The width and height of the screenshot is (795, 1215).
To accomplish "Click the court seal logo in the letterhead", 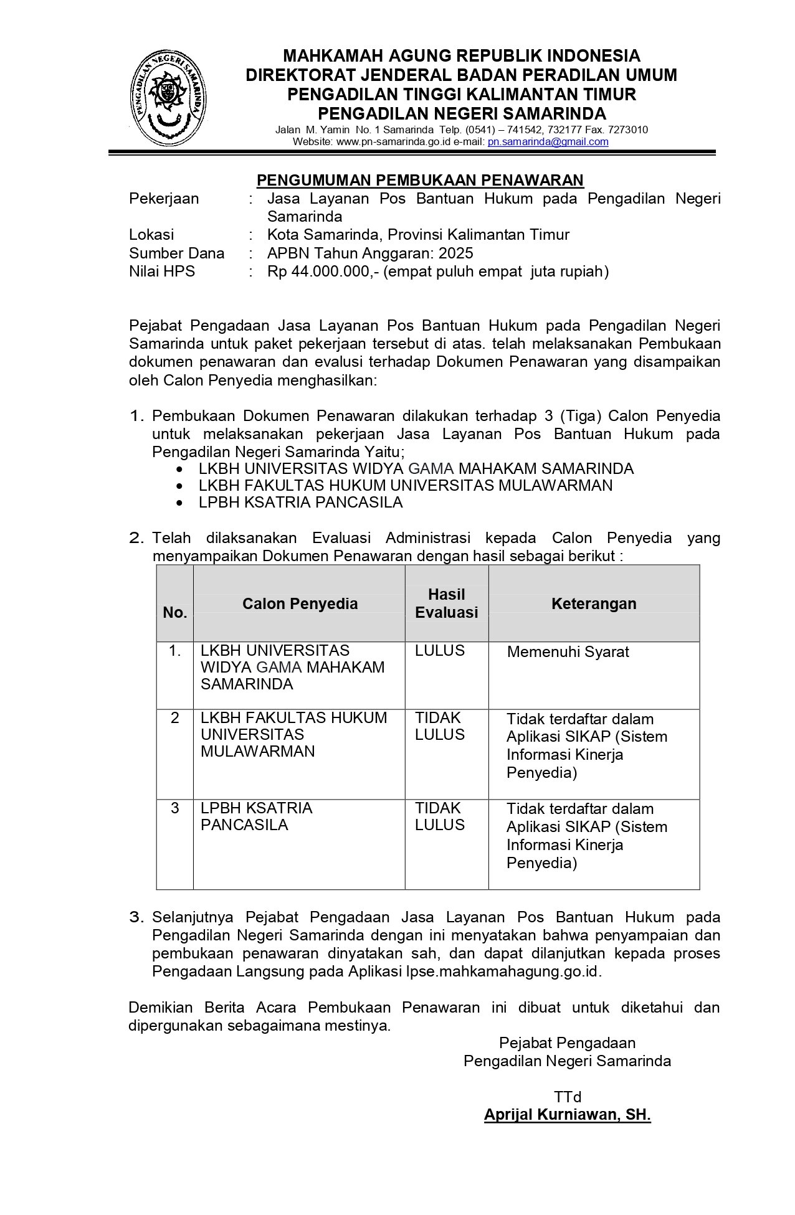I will point(167,99).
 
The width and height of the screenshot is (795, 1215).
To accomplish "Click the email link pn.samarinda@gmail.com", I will point(548,142).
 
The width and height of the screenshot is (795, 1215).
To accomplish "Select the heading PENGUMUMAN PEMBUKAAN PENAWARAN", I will point(420,181).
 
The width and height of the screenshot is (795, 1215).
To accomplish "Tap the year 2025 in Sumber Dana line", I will point(455,253).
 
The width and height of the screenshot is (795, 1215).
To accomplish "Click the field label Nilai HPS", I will point(162,272).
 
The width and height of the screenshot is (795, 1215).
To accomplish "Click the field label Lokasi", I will point(151,235).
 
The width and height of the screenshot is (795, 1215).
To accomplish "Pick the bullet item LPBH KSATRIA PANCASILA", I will point(300,503).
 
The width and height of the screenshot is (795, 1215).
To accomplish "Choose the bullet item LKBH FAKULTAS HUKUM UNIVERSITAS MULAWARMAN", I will point(405,486).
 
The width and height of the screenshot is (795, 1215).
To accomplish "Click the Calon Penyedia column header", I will point(300,603).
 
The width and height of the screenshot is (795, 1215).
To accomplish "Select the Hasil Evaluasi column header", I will point(446,603).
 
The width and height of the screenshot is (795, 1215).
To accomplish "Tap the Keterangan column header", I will point(594,603).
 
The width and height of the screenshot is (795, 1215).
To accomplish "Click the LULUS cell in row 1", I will point(440,651).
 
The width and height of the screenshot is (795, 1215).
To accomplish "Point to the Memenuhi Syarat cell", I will point(568,652).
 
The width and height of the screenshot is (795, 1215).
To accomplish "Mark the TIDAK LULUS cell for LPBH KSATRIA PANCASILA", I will point(440,816).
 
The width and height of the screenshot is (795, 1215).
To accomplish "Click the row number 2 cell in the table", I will point(175,718).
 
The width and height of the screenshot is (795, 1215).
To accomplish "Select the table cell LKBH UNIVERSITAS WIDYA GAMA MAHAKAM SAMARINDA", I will point(292,668).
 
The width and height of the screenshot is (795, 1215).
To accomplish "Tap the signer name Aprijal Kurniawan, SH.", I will point(567,1115).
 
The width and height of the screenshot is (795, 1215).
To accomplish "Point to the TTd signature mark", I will point(567,1097).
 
